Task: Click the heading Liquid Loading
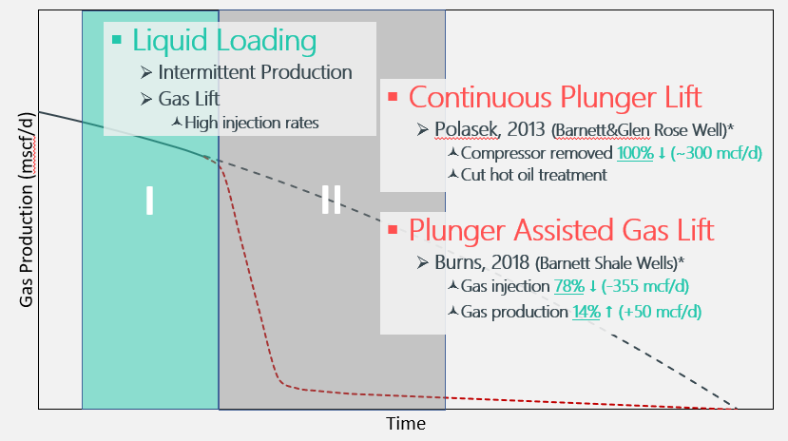pos(223,40)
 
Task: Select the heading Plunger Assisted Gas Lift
pos(561,230)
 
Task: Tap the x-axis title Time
pos(405,424)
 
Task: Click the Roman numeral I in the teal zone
pos(149,201)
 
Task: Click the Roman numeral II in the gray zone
pos(331,201)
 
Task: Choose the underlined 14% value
pos(586,312)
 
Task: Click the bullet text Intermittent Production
pos(255,72)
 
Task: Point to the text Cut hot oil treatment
pos(534,175)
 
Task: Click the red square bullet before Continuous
pos(393,97)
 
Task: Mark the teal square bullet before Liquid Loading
pos(117,40)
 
